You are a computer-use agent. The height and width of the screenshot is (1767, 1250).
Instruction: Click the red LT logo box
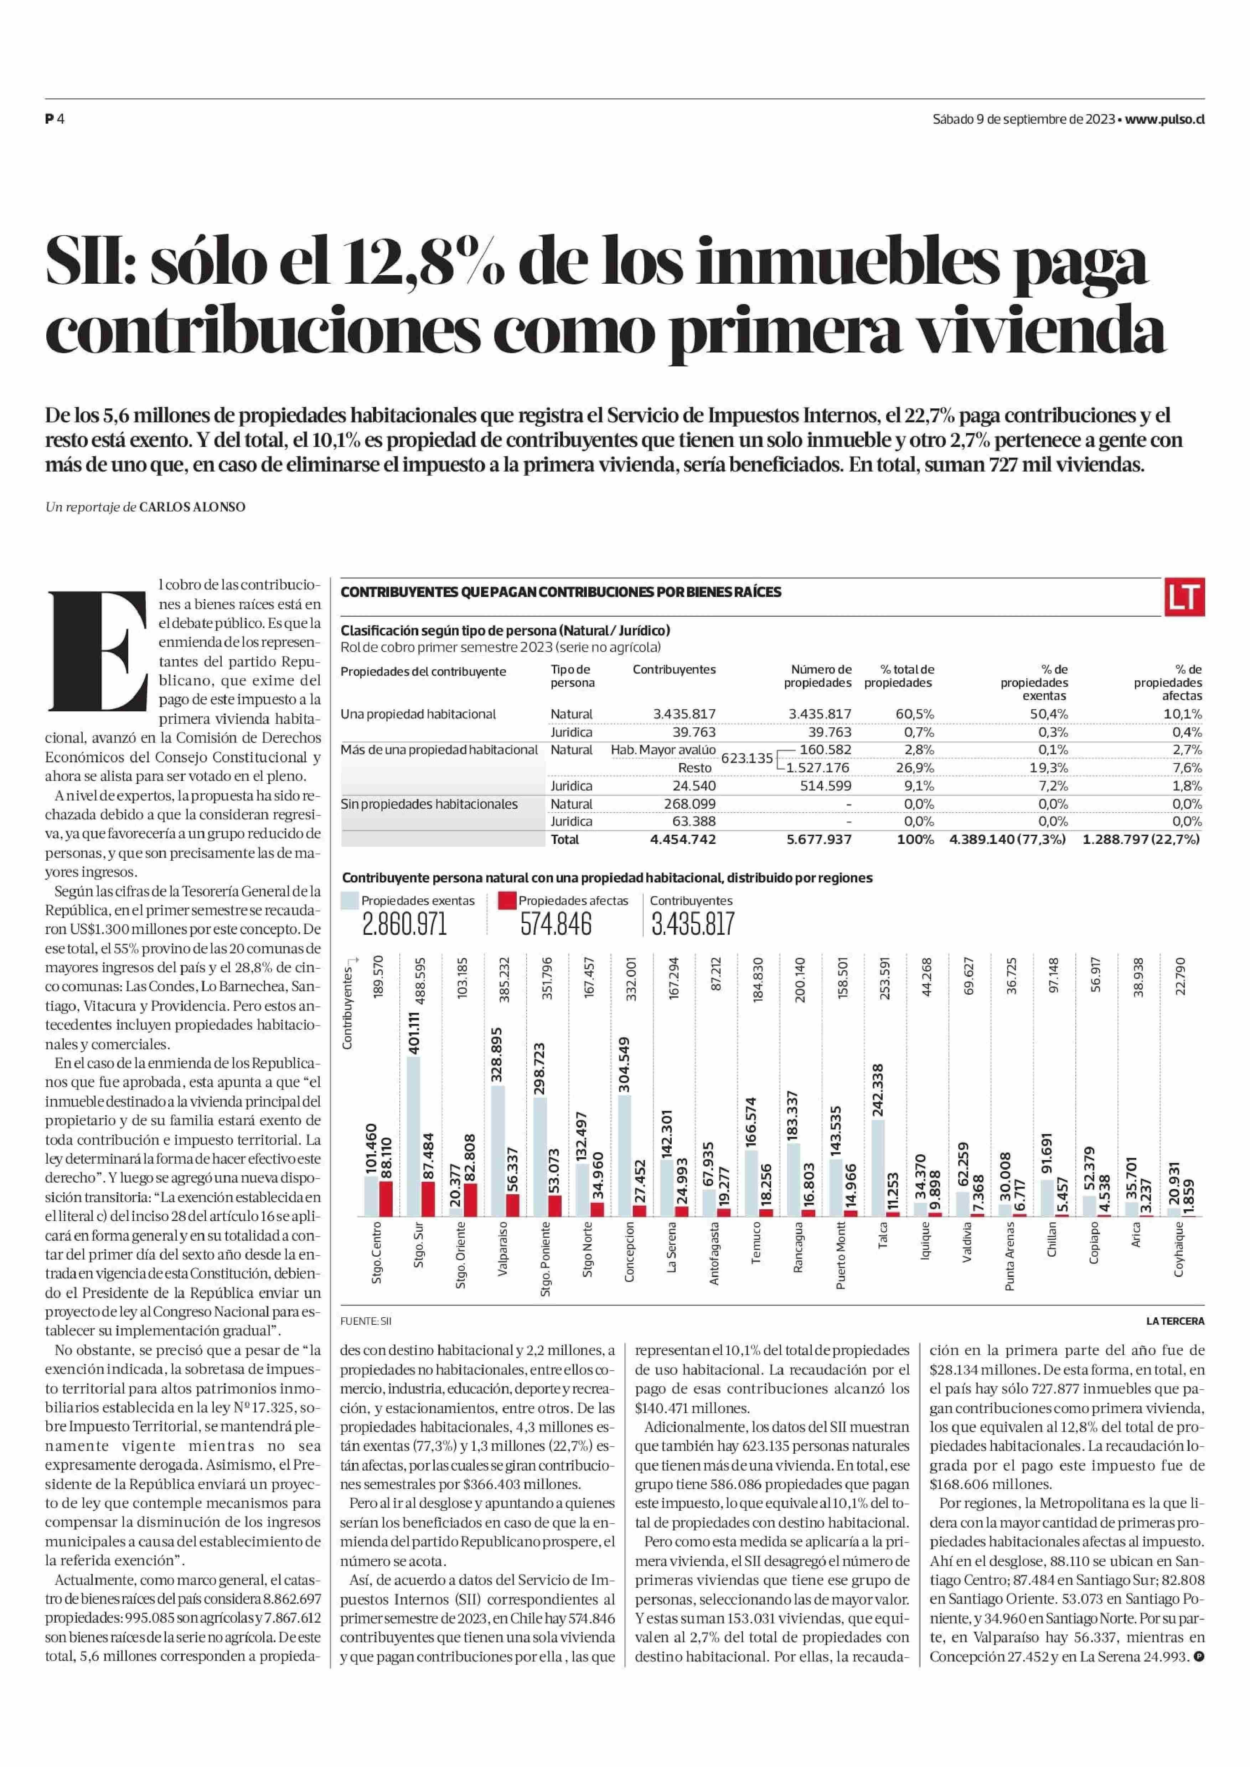pos(1184,597)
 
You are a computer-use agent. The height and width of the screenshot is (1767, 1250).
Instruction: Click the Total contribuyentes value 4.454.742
pos(683,839)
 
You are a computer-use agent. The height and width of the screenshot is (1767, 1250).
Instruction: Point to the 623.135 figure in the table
pos(747,758)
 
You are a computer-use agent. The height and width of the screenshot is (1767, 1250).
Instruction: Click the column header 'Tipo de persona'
pos(572,676)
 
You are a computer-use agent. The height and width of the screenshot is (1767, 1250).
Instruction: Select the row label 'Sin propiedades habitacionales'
pos(429,804)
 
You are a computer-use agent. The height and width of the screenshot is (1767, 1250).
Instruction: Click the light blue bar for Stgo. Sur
pos(413,1137)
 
